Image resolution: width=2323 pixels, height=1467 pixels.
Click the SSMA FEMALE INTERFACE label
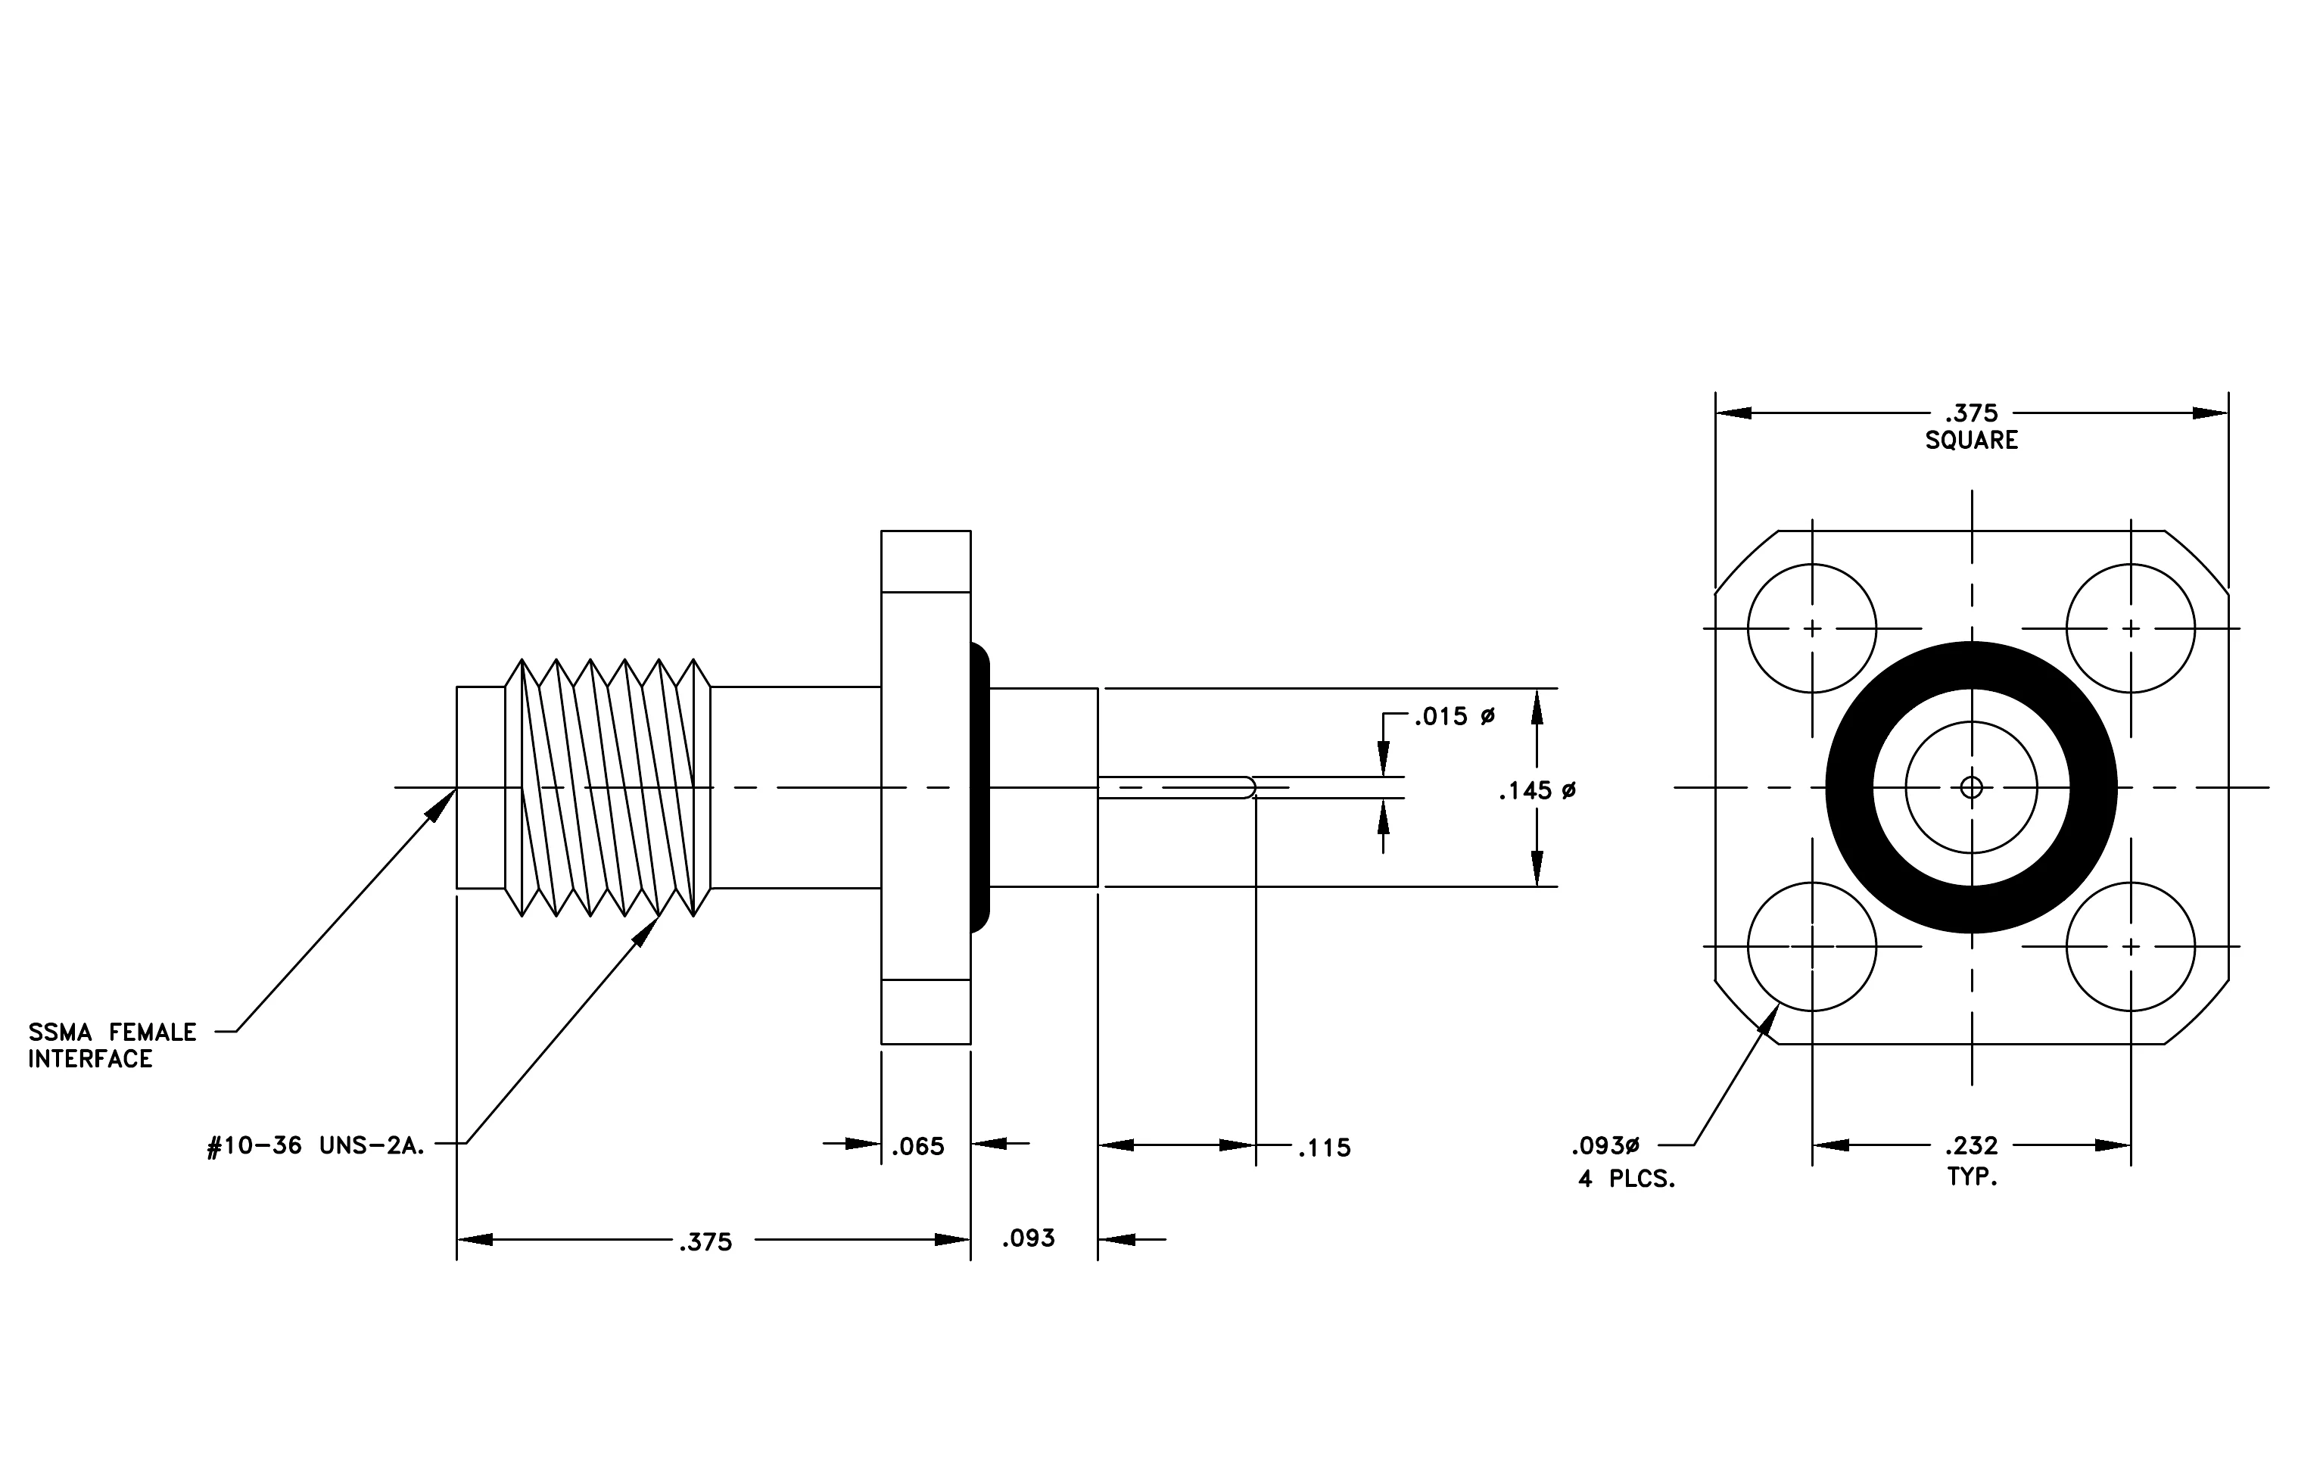(112, 1045)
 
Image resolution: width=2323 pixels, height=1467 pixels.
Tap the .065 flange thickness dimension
(917, 1147)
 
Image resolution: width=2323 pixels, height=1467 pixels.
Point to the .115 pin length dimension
(1325, 1148)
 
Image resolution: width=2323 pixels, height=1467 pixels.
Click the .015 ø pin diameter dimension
(1455, 717)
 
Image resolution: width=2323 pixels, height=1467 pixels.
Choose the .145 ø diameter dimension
(1538, 791)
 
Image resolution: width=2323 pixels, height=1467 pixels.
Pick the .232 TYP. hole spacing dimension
(1972, 1160)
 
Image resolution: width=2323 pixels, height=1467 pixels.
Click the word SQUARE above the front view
(1972, 441)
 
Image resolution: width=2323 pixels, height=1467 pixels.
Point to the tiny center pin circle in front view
(1972, 788)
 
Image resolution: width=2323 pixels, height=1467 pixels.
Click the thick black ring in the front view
(1849, 788)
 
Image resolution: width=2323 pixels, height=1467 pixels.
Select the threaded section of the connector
(608, 788)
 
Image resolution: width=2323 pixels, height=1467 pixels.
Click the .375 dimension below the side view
(705, 1242)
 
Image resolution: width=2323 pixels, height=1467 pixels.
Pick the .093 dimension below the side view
(1029, 1238)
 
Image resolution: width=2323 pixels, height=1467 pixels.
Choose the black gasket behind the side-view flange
(980, 788)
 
